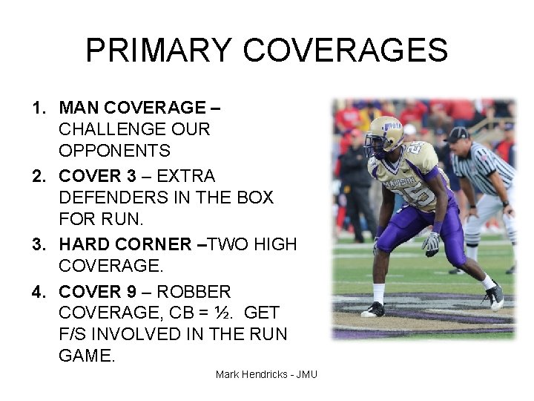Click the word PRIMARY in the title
tap(159, 50)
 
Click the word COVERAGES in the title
tap(345, 50)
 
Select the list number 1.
tap(38, 108)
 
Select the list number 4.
tap(38, 292)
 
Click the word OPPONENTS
tap(115, 151)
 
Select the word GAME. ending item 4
tap(87, 355)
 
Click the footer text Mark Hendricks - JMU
tap(266, 374)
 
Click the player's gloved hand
tap(431, 241)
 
